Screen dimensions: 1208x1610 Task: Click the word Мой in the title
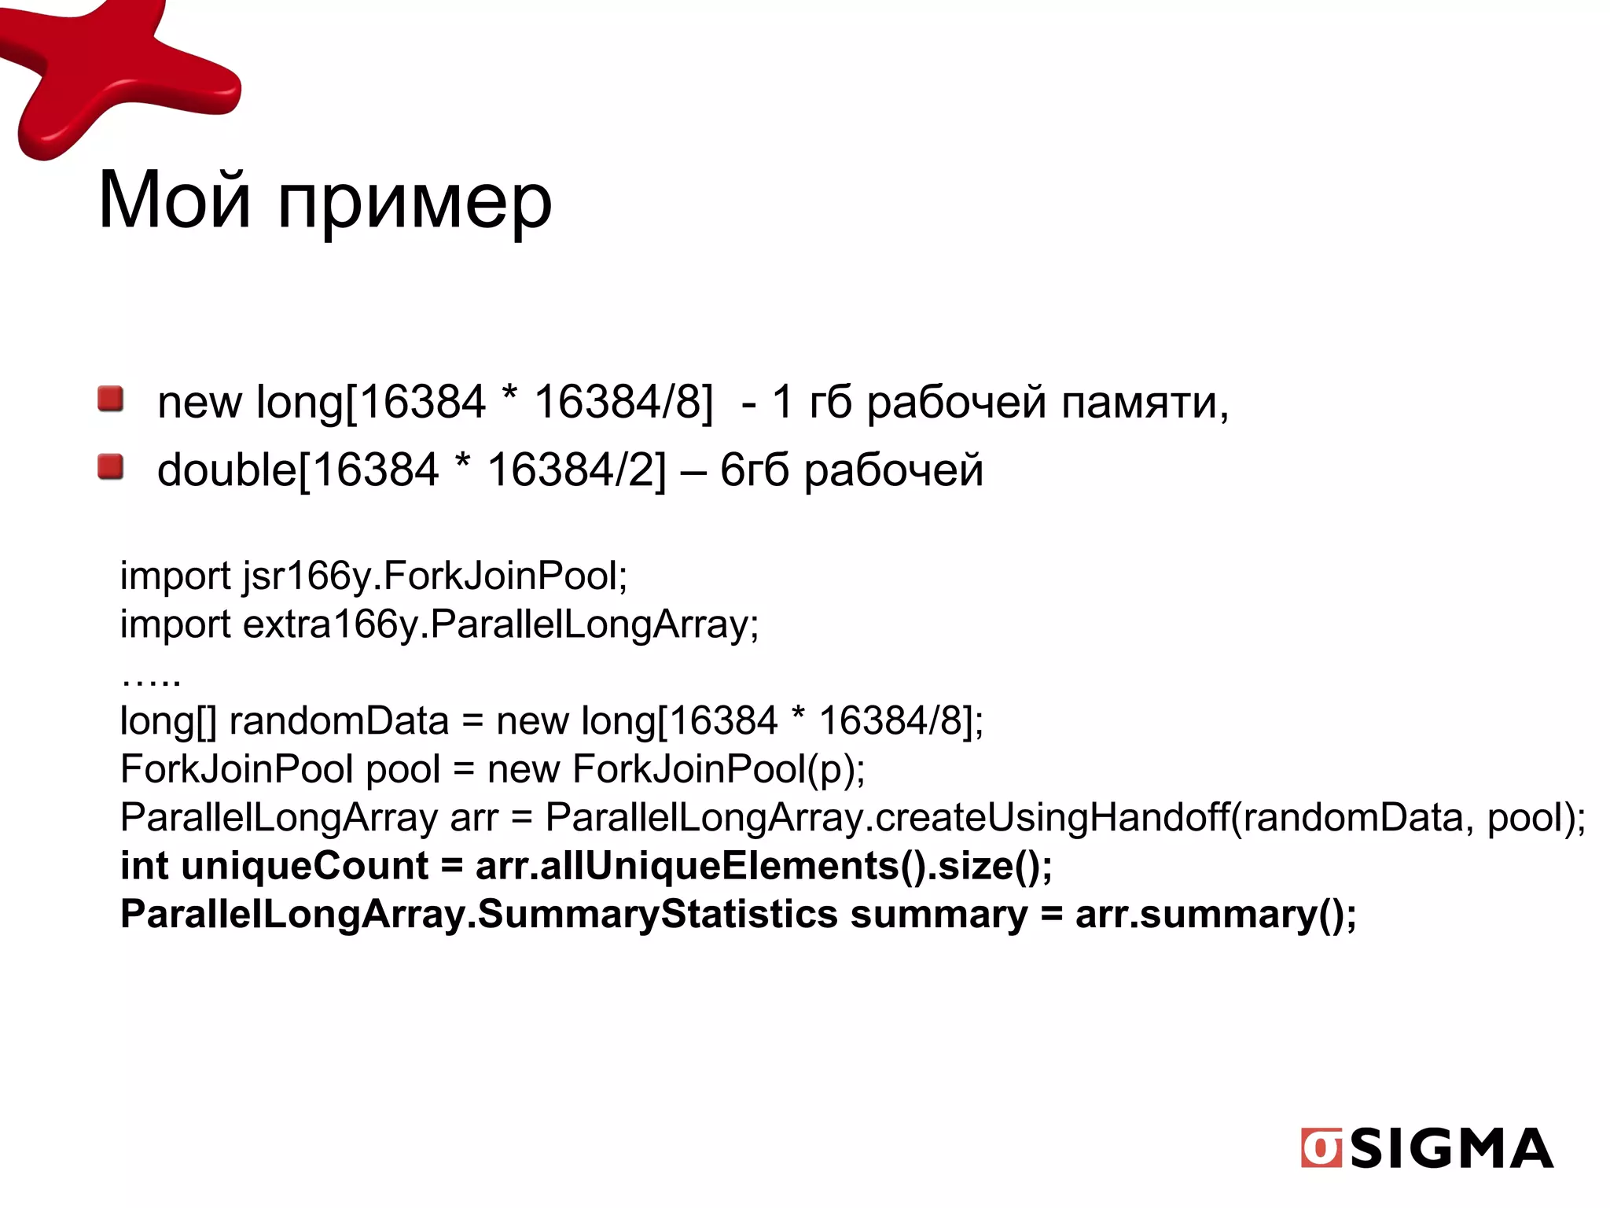coord(175,201)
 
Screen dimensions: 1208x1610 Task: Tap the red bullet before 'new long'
coord(111,399)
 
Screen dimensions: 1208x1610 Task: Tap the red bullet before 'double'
coord(111,467)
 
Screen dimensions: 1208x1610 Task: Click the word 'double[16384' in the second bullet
coord(298,470)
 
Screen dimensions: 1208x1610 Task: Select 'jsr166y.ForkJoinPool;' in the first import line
coord(436,576)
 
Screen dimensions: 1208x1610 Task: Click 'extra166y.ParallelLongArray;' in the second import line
coord(501,624)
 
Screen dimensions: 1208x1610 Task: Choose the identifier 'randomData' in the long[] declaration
coord(339,720)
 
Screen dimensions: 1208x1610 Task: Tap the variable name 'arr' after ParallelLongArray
coord(474,818)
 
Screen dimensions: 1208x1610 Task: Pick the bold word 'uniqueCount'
coord(305,866)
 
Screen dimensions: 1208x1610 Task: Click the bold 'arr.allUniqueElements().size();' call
coord(763,866)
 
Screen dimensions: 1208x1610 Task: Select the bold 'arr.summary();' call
coord(1215,915)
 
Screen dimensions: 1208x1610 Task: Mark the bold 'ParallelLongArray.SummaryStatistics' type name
coord(480,915)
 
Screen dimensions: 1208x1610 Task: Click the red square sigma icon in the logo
coord(1321,1148)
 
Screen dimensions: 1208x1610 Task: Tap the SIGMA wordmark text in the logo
coord(1451,1148)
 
